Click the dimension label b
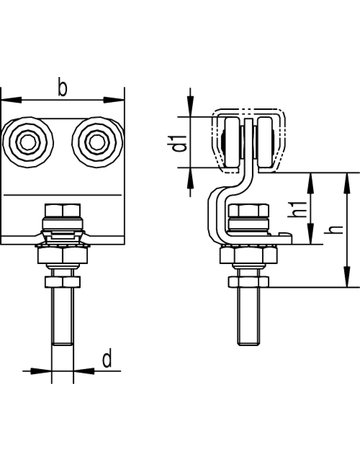point(62,87)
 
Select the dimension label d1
point(180,142)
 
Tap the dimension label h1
point(301,209)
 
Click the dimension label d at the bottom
point(107,359)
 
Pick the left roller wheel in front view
point(28,142)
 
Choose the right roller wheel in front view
point(98,142)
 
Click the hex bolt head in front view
point(62,211)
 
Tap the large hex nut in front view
point(62,256)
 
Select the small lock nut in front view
point(63,282)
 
